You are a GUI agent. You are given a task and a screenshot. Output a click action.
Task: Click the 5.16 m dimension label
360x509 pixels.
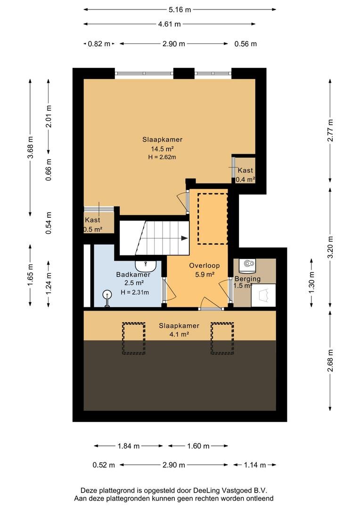180,10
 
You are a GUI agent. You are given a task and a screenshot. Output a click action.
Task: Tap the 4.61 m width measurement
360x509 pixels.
169,24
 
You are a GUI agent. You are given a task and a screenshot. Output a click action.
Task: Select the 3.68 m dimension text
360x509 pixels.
31,147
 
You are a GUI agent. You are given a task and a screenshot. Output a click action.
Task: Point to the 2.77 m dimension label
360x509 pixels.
330,131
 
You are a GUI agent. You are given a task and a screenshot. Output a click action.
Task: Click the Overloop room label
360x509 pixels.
205,265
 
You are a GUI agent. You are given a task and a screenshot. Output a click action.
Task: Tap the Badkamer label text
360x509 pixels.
133,275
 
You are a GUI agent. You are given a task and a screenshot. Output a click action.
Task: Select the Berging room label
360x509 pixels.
247,279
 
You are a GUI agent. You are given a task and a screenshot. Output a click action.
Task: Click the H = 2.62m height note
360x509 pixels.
162,157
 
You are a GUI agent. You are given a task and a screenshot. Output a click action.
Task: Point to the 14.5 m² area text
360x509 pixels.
162,149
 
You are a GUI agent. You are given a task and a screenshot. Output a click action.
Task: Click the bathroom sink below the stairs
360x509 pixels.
146,266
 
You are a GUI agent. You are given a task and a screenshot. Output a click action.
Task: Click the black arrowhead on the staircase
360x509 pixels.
184,238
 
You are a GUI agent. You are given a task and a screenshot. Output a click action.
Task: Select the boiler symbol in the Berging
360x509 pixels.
247,265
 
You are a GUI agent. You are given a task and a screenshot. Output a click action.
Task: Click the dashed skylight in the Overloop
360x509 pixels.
213,219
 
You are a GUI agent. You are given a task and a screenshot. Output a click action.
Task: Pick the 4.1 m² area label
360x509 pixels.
179,334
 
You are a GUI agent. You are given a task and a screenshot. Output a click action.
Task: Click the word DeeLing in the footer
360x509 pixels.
207,491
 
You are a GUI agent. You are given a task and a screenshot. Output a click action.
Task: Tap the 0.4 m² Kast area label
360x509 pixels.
245,180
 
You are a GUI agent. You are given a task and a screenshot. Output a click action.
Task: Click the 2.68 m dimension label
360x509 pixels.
330,361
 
